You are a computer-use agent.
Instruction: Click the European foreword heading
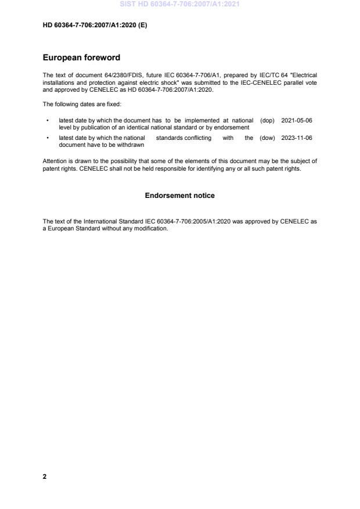point(81,58)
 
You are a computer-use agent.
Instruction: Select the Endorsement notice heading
point(179,196)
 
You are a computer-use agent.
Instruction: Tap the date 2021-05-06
point(296,120)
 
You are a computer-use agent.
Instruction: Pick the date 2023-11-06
point(296,138)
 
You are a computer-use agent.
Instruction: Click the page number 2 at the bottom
point(45,476)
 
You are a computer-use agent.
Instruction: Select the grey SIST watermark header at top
point(179,4)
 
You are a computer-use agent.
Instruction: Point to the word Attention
point(55,161)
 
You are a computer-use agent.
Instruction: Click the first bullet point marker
point(47,121)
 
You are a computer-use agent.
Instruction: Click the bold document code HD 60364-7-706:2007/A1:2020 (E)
point(95,25)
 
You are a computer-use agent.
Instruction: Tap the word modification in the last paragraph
point(152,228)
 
